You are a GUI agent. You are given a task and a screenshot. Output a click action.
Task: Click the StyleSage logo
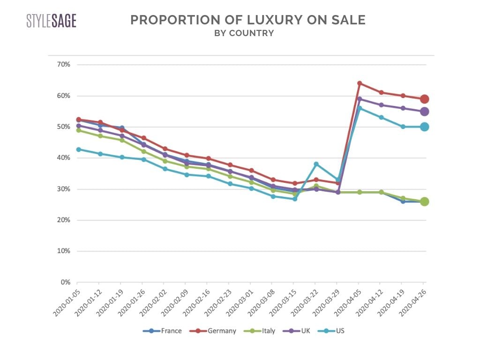click(51, 21)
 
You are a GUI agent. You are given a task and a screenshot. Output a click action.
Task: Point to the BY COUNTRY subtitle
click(244, 33)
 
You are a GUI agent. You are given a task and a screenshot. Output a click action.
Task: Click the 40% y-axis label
click(63, 158)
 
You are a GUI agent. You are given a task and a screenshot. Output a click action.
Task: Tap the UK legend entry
click(301, 331)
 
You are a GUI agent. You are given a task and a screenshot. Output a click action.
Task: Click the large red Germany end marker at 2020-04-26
click(424, 99)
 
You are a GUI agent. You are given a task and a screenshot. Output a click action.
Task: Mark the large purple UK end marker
click(424, 112)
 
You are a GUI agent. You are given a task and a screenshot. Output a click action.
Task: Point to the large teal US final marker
click(424, 127)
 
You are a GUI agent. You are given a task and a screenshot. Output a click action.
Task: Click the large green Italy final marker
click(424, 202)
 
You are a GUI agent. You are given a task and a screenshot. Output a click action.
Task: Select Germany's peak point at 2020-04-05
click(360, 83)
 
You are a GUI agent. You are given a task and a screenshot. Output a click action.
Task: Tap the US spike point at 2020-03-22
click(316, 164)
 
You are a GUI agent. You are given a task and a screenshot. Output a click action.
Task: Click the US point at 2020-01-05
click(78, 150)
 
